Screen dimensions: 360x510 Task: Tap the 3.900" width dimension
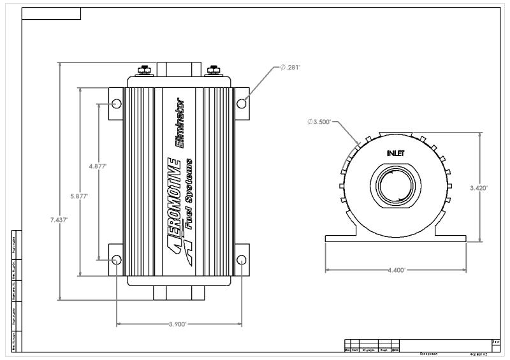177,324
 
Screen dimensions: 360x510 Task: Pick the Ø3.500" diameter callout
320,122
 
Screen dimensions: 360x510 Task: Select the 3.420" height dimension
478,188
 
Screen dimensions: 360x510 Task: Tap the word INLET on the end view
395,154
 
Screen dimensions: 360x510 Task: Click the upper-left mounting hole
116,104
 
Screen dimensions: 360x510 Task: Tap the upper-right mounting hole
241,104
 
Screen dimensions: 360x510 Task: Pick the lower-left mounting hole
116,260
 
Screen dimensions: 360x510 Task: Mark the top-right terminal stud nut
213,69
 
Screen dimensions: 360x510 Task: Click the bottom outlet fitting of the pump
178,294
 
